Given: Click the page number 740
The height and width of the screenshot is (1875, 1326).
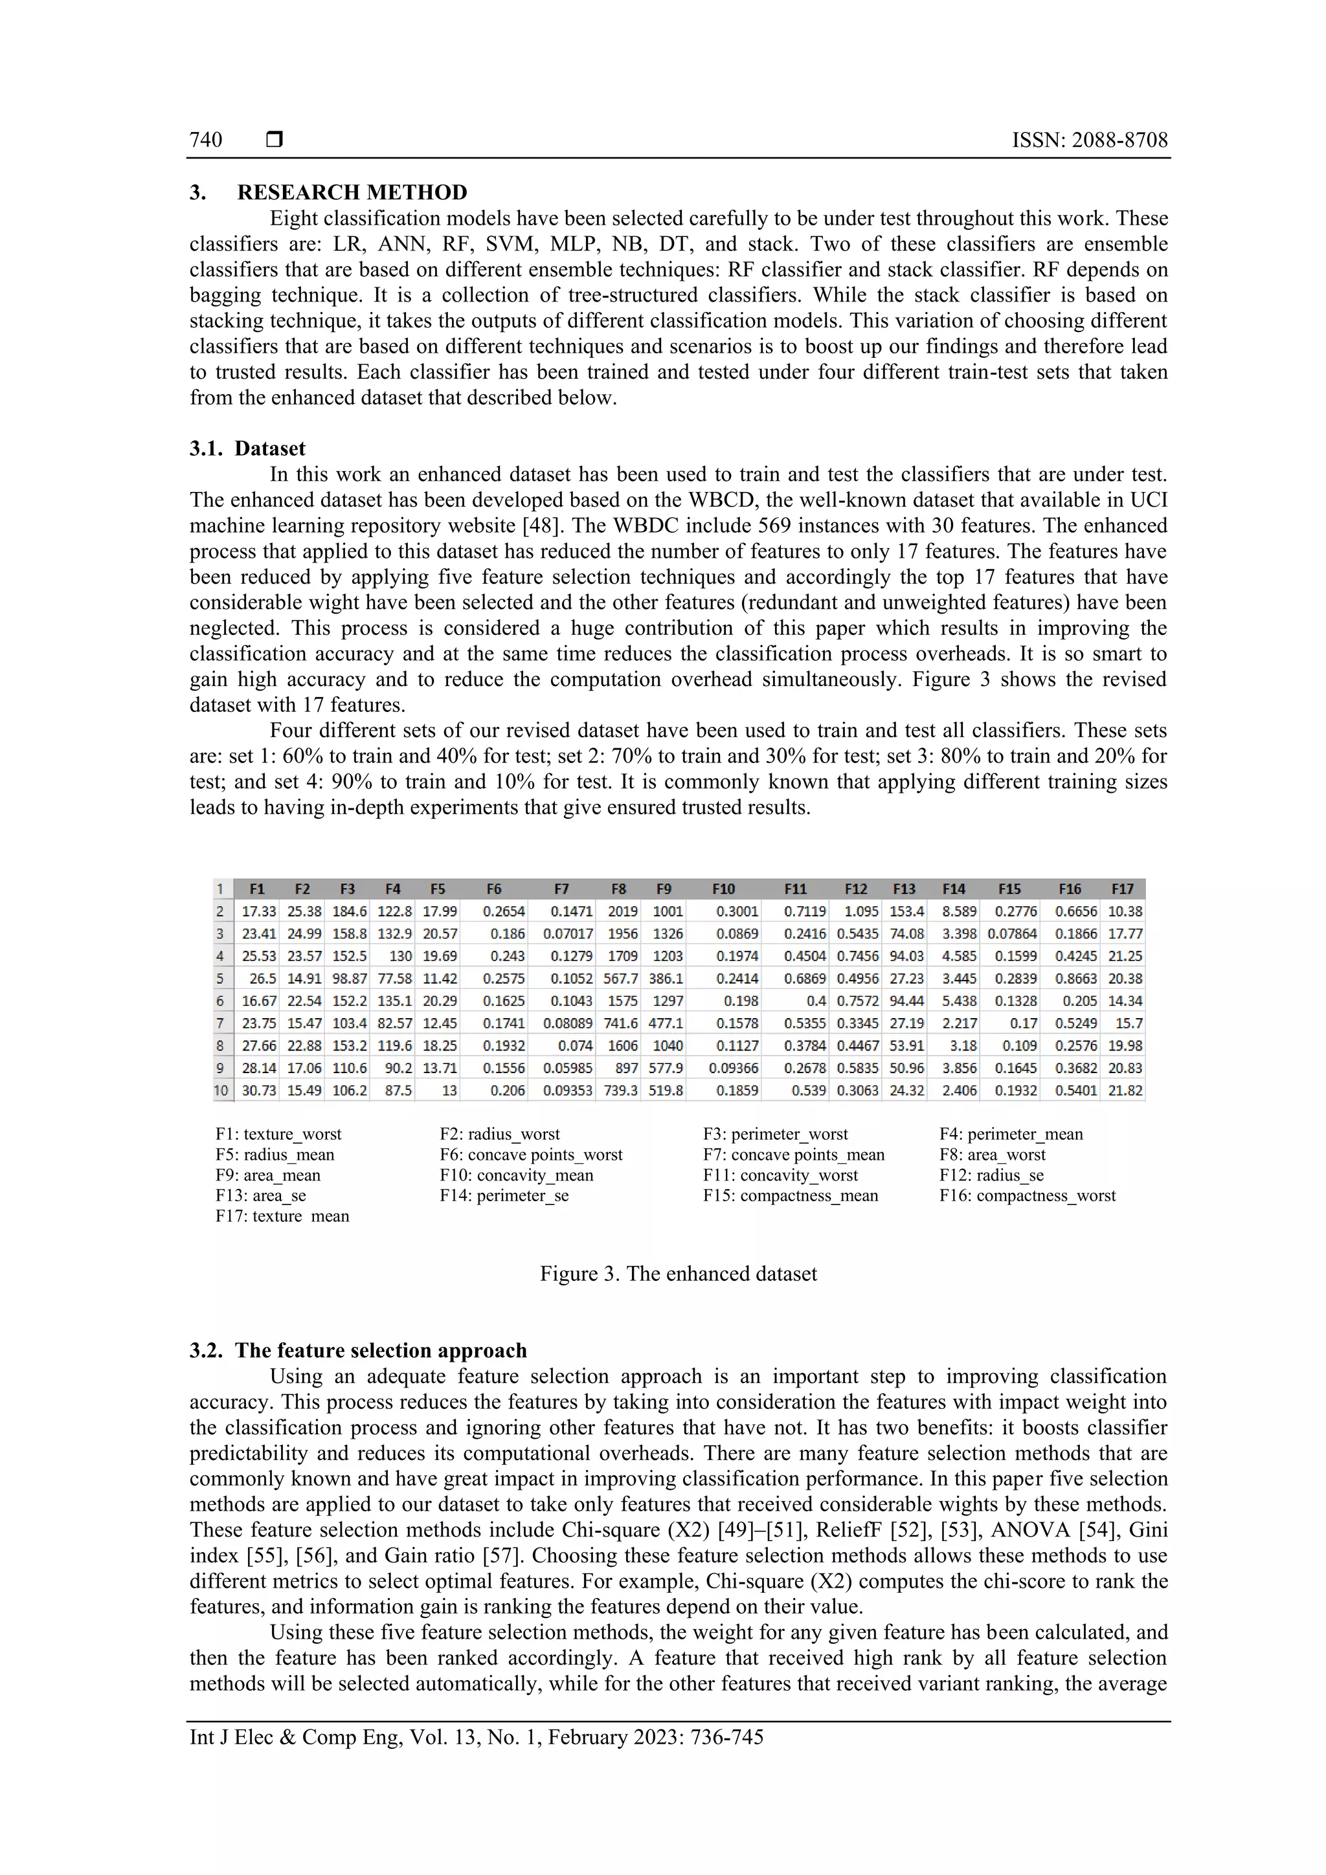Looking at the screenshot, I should click(206, 140).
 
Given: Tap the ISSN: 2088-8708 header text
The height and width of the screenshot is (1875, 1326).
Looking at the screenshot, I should click(1089, 140).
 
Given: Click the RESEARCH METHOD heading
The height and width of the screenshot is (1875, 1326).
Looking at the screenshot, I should click(352, 193).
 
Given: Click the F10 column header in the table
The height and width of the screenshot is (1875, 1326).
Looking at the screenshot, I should click(723, 889).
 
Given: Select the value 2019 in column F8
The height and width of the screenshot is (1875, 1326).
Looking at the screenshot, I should click(623, 911).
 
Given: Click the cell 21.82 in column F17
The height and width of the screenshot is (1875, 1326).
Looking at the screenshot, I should click(1125, 1090).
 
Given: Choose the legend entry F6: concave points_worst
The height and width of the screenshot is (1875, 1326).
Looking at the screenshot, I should click(531, 1155).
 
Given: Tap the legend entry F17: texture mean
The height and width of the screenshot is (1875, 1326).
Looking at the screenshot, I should click(283, 1216).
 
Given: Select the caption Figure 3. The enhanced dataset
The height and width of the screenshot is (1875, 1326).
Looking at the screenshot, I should click(678, 1274).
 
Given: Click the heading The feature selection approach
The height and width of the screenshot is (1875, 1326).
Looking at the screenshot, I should click(381, 1351).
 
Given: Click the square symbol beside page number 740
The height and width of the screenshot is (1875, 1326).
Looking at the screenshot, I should click(275, 140).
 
